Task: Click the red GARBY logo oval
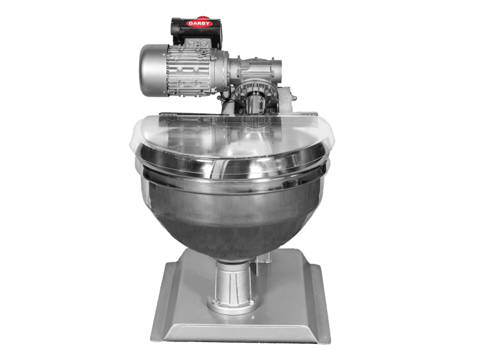tap(199, 23)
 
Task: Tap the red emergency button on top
tap(202, 17)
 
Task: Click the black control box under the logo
tap(197, 32)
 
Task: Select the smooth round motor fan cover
tap(153, 70)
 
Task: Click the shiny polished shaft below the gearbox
tap(256, 104)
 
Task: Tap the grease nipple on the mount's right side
tap(294, 98)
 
